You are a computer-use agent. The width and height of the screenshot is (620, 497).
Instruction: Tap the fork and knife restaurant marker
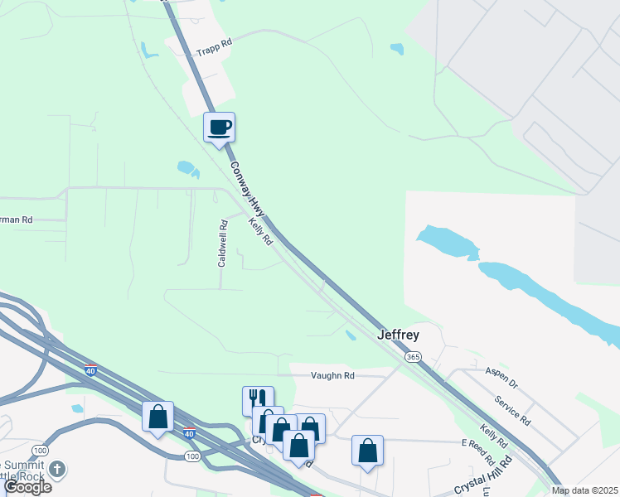(258, 400)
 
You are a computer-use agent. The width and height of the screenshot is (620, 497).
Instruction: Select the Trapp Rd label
(213, 51)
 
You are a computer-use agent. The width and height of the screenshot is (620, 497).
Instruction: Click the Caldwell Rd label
(222, 243)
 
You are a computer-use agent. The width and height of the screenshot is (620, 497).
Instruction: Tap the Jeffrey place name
(399, 335)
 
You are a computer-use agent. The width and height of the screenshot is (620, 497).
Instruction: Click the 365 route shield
(412, 356)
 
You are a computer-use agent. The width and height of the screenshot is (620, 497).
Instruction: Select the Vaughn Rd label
(332, 375)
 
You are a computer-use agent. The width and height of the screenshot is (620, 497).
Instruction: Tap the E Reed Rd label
(478, 453)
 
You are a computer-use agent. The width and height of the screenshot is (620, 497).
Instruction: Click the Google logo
(27, 487)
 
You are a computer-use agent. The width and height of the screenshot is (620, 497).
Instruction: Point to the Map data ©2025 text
(584, 490)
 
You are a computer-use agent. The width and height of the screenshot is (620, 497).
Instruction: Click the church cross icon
(57, 470)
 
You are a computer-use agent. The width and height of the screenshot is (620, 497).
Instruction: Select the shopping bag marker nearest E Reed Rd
(367, 451)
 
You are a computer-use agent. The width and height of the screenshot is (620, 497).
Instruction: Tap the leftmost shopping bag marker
(157, 416)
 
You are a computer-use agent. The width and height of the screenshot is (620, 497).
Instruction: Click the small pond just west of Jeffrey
(351, 335)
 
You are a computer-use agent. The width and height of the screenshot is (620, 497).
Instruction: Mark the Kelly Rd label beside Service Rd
(492, 437)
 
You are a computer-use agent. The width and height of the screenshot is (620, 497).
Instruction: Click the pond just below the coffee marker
(188, 169)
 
